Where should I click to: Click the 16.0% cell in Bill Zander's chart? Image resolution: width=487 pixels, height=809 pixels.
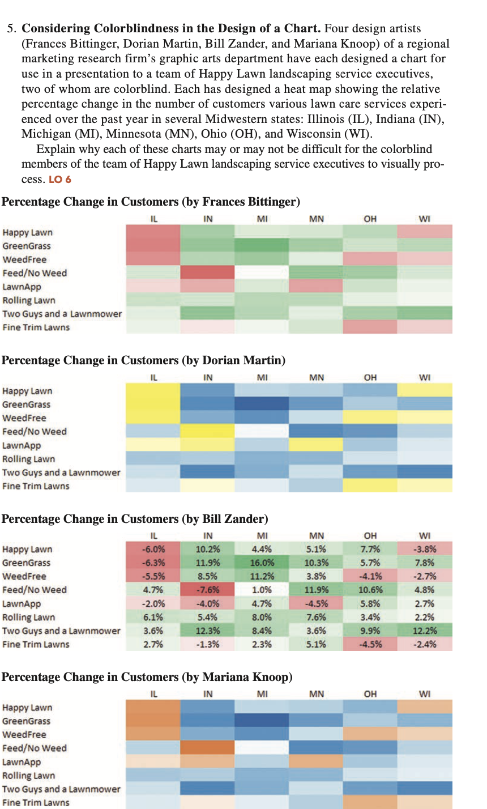pos(262,563)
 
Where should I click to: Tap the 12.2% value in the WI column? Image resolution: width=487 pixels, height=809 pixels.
pos(425,631)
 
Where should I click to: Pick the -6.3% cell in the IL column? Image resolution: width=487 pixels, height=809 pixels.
pos(153,563)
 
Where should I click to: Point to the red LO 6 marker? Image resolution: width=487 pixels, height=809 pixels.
pos(60,180)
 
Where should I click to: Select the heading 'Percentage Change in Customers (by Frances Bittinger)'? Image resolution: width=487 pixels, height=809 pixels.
pos(151,202)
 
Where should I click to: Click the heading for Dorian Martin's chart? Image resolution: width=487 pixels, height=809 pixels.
pos(143,361)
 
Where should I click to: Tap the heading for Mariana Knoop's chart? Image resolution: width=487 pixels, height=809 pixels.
pos(147,678)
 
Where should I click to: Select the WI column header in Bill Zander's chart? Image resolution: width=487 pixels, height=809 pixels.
pos(425,535)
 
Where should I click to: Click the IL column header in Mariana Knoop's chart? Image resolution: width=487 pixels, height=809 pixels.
pos(153,693)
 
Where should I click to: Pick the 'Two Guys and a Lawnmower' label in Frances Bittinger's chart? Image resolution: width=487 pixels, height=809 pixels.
pos(62,314)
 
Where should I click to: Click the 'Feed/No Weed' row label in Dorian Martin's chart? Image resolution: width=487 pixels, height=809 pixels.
pos(35,432)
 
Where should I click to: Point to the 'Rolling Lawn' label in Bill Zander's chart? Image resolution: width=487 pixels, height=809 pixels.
pos(29,618)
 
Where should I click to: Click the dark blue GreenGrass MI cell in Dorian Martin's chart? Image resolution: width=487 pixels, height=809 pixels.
pos(262,404)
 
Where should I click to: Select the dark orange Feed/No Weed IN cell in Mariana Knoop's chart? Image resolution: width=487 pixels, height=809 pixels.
pos(207,748)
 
